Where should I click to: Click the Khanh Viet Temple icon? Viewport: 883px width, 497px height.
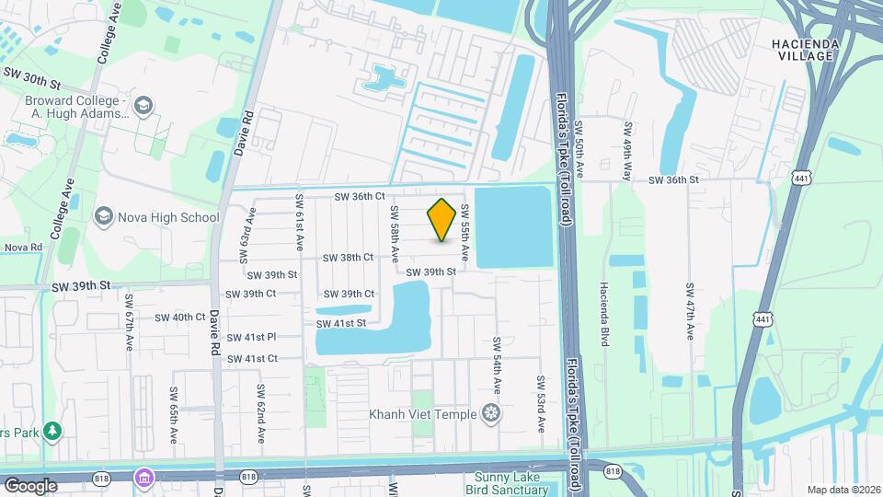[x=492, y=413]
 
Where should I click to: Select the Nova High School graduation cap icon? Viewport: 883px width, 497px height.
[x=103, y=217]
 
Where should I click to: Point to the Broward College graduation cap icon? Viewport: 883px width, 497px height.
[x=143, y=106]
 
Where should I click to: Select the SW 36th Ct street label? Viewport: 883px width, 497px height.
[x=359, y=197]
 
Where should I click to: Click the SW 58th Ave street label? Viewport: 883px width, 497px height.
[x=394, y=237]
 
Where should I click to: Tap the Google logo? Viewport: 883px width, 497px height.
[x=30, y=485]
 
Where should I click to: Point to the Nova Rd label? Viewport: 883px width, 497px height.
[x=24, y=248]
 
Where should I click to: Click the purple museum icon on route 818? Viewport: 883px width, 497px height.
[x=143, y=478]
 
